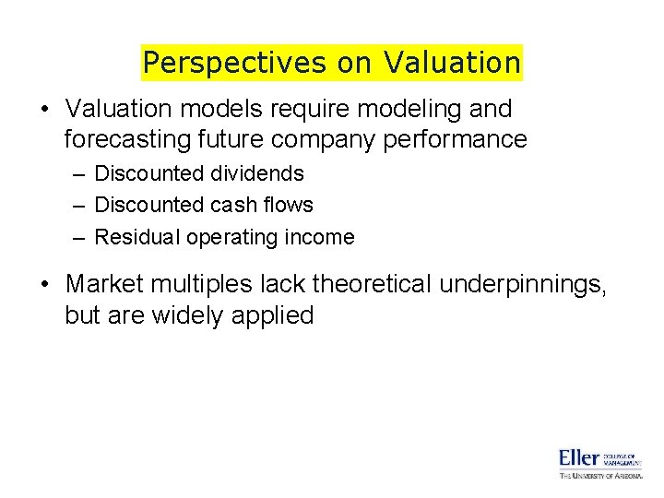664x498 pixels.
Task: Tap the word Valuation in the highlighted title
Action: (452, 63)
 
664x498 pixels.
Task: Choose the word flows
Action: (288, 205)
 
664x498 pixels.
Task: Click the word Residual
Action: (137, 237)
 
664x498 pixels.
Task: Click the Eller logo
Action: (599, 463)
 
